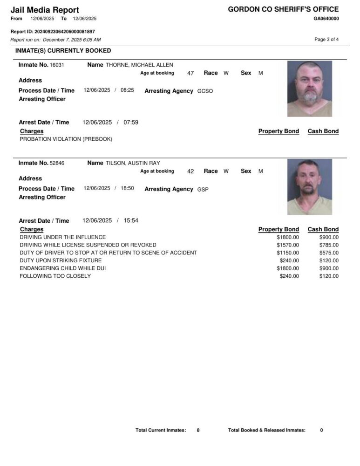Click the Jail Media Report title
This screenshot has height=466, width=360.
[x=45, y=10]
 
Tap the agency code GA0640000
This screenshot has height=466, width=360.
[x=326, y=19]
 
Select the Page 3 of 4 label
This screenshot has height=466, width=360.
[x=326, y=40]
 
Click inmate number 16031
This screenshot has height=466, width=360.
[x=57, y=65]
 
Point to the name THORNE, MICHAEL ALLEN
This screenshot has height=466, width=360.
[x=139, y=65]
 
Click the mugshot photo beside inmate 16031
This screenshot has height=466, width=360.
[x=309, y=89]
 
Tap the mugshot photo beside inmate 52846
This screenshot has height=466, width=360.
[x=309, y=187]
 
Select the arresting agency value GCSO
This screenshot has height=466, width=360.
[x=205, y=91]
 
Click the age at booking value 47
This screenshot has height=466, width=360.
[x=190, y=73]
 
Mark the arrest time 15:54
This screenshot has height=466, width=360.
[x=131, y=221]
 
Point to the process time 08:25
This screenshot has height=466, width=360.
[x=127, y=90]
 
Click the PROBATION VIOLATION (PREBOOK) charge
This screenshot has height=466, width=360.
[x=66, y=139]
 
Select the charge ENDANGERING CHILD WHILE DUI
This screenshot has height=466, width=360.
[x=61, y=268]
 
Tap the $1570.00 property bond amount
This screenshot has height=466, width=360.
[x=287, y=245]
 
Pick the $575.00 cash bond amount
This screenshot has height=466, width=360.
[x=329, y=253]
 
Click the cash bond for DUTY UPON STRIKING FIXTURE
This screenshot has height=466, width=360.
[x=329, y=261]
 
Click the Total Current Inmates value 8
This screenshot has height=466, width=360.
[x=198, y=431]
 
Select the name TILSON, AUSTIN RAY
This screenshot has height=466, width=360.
[x=133, y=163]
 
